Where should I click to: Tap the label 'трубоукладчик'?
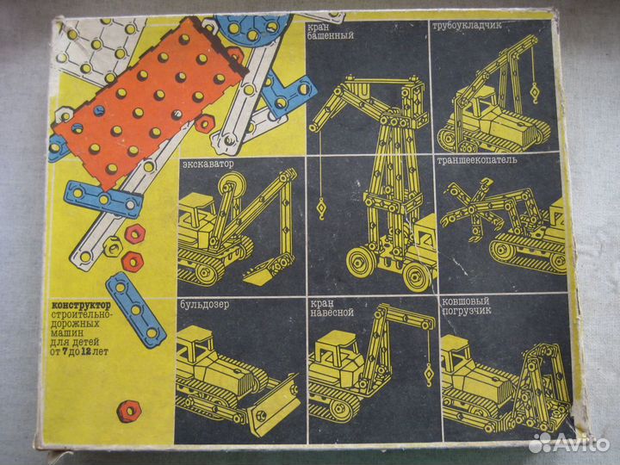(x=467, y=26)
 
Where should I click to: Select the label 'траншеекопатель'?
(x=477, y=160)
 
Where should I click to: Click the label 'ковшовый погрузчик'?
(x=467, y=306)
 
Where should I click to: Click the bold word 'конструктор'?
(x=82, y=306)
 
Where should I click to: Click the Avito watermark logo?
(x=569, y=443)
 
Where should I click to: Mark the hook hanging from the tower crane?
(x=321, y=208)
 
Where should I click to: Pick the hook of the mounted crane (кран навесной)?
(x=429, y=375)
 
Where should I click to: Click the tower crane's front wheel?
(x=361, y=262)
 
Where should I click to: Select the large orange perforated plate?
(x=148, y=102)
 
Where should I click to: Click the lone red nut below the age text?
(x=129, y=412)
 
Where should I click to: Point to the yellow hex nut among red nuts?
(x=113, y=246)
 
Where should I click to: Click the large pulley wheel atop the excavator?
(x=232, y=185)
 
